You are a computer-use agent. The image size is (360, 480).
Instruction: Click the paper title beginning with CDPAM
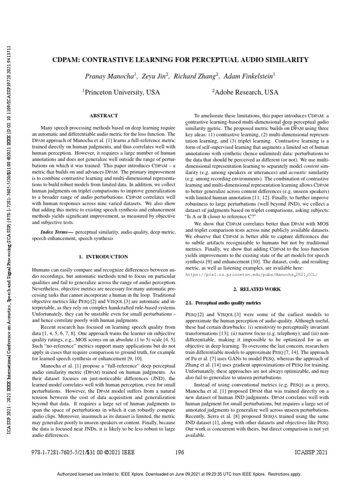tap(180, 60)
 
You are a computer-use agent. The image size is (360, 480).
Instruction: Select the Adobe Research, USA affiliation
tap(245, 92)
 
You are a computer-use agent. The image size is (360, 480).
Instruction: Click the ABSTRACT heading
tap(104, 115)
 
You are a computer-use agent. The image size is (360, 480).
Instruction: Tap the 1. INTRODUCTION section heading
tap(103, 256)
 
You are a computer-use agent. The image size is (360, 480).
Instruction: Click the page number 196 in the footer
tap(180, 453)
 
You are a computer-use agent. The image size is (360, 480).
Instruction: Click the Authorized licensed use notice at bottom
tap(180, 474)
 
